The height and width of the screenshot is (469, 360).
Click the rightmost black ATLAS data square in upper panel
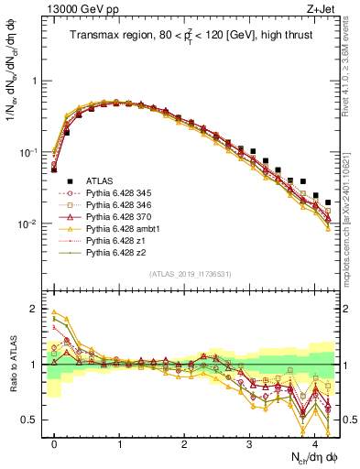[328, 202]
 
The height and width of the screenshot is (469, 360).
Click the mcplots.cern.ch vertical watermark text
[352, 220]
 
